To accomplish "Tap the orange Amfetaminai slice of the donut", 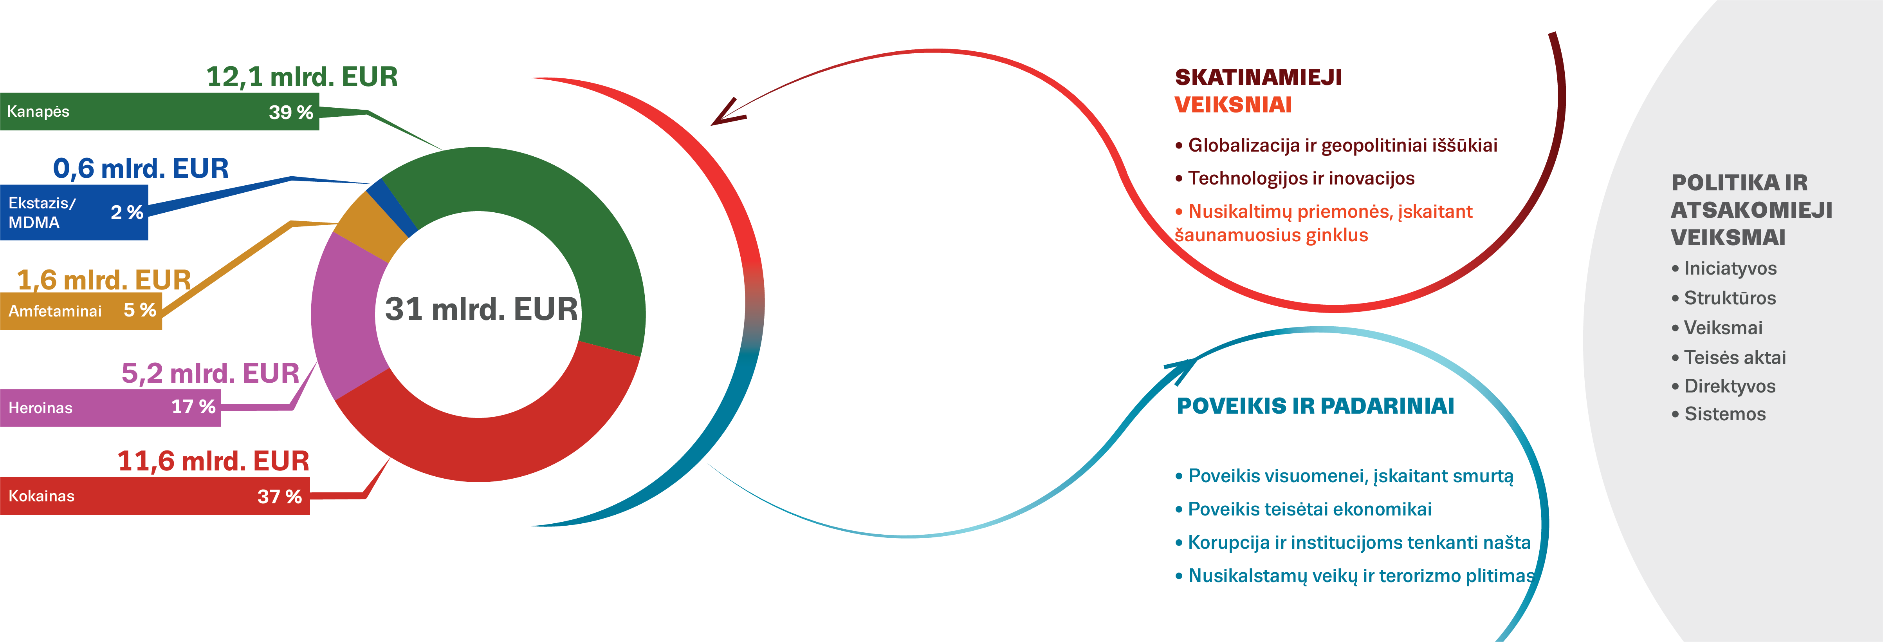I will (369, 223).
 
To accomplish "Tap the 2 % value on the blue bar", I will (126, 213).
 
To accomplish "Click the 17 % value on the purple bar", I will (193, 407).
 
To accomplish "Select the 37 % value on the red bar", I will (279, 497).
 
